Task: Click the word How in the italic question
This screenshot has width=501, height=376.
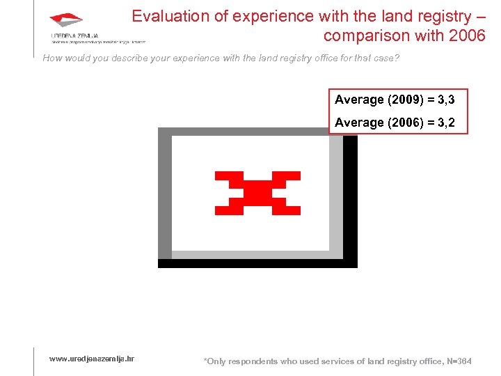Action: click(x=52, y=58)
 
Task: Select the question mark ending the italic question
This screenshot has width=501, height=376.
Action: click(x=397, y=58)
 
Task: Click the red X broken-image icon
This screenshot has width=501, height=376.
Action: click(x=257, y=192)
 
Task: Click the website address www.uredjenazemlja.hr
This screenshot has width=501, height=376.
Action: click(x=91, y=359)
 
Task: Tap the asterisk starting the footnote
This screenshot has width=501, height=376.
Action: click(x=205, y=361)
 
